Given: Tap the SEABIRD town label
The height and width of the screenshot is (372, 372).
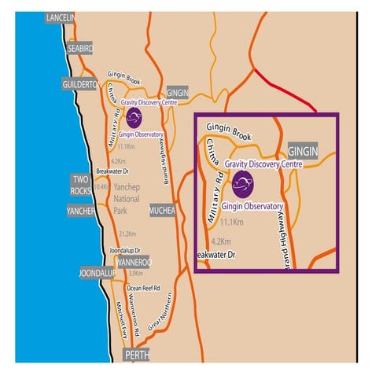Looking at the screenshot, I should coord(79,48).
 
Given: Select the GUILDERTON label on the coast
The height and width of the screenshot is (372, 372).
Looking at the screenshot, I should coord(79,84).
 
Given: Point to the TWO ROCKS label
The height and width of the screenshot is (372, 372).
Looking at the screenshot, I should coord(80,184).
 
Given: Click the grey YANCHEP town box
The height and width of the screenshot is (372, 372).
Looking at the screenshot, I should coord(79,212).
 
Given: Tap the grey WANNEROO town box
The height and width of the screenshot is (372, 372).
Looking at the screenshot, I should coord(133,261).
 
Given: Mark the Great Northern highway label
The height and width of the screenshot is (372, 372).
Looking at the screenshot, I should coord(160,316).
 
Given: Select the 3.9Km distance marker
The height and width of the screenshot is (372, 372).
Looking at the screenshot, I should coord(135,273).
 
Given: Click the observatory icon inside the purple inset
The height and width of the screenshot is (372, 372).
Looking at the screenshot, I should coord(243,186).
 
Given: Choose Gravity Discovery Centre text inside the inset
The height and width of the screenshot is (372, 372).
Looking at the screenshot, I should coord(263,164).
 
